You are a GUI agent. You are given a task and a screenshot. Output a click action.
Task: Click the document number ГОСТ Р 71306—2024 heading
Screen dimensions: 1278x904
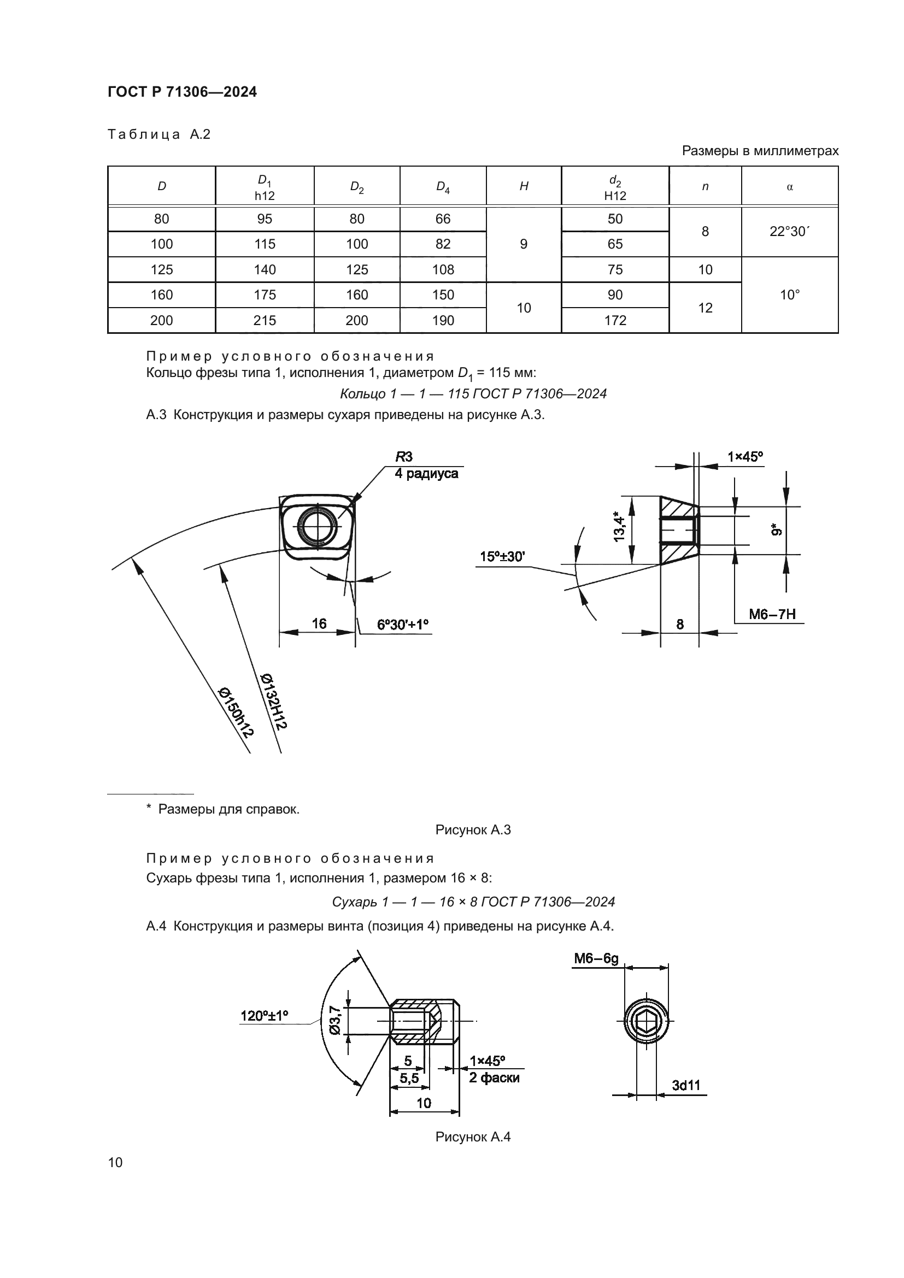pos(182,92)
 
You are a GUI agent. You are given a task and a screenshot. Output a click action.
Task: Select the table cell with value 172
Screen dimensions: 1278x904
pos(614,321)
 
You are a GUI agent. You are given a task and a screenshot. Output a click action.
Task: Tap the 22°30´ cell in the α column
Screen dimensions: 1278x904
pos(789,232)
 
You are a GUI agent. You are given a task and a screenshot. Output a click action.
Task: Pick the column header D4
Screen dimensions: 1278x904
pos(443,187)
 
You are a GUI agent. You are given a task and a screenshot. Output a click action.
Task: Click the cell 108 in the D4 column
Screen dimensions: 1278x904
pos(443,270)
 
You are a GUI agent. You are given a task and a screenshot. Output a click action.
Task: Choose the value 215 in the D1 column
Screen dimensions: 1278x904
pos(265,321)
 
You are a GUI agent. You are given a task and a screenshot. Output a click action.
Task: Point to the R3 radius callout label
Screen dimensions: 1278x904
pos(404,457)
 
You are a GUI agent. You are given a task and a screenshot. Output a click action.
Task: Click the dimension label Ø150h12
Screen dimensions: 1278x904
pos(236,712)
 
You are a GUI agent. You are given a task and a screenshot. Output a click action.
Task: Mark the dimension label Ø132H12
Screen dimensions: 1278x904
pos(273,702)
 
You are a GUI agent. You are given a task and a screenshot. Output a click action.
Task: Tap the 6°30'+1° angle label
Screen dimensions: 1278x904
pos(402,625)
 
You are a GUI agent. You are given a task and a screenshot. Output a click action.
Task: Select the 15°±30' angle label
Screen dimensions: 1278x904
pos(502,557)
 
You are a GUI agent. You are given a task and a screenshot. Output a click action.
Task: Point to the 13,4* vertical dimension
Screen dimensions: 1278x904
pos(619,527)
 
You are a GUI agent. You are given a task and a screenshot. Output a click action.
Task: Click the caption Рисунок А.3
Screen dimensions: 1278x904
pos(473,830)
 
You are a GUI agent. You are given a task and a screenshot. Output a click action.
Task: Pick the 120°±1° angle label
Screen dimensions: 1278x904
pos(264,1016)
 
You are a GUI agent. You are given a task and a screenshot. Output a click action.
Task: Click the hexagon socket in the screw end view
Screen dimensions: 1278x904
pos(646,1021)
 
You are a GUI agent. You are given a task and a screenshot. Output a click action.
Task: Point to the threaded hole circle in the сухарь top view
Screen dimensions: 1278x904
pos(317,526)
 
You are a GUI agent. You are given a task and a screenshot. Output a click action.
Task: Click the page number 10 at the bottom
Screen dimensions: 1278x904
pos(115,1162)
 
